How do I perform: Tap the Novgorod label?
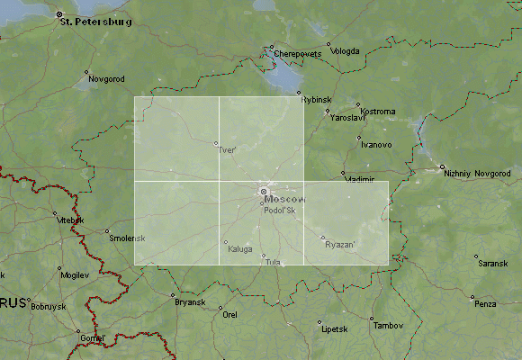(107, 79)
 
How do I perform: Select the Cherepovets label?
(298, 54)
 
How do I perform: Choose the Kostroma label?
(377, 112)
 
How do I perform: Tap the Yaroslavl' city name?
(347, 118)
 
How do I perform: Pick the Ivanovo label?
(375, 144)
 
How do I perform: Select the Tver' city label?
(228, 150)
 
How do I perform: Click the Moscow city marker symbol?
(264, 191)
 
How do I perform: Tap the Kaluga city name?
(240, 249)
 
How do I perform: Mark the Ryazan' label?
(340, 245)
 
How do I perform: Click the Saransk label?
(492, 263)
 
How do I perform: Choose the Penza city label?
(485, 304)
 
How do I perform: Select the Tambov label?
(388, 325)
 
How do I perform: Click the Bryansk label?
(190, 301)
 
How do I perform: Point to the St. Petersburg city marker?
(58, 14)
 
